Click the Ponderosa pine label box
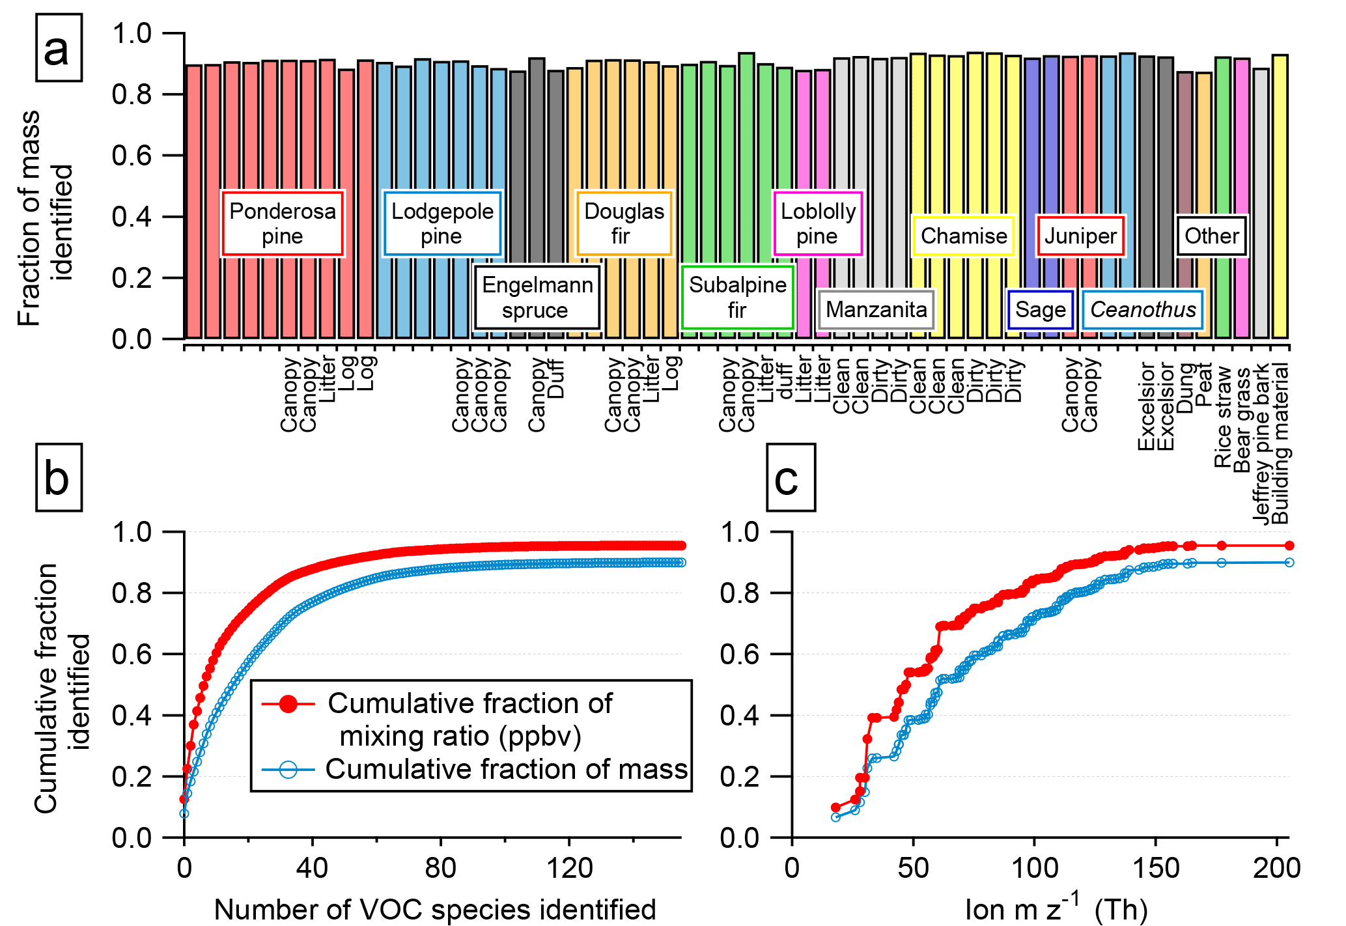[x=282, y=223]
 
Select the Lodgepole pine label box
[x=442, y=223]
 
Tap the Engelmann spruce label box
[x=537, y=297]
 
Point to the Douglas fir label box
[x=624, y=223]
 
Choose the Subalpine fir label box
[x=737, y=297]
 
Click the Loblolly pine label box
[x=818, y=223]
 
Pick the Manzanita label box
[x=876, y=309]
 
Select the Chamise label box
[x=964, y=236]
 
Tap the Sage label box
[x=1040, y=309]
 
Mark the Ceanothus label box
[x=1143, y=309]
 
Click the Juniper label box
[x=1080, y=236]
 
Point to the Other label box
[x=1211, y=236]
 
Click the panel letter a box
[x=58, y=48]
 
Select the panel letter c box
[x=790, y=478]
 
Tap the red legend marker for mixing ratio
[x=288, y=703]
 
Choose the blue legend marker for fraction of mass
[x=288, y=770]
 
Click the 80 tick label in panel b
[x=441, y=869]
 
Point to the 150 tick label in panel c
[x=1155, y=869]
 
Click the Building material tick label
[x=1280, y=444]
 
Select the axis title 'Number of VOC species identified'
[x=434, y=909]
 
